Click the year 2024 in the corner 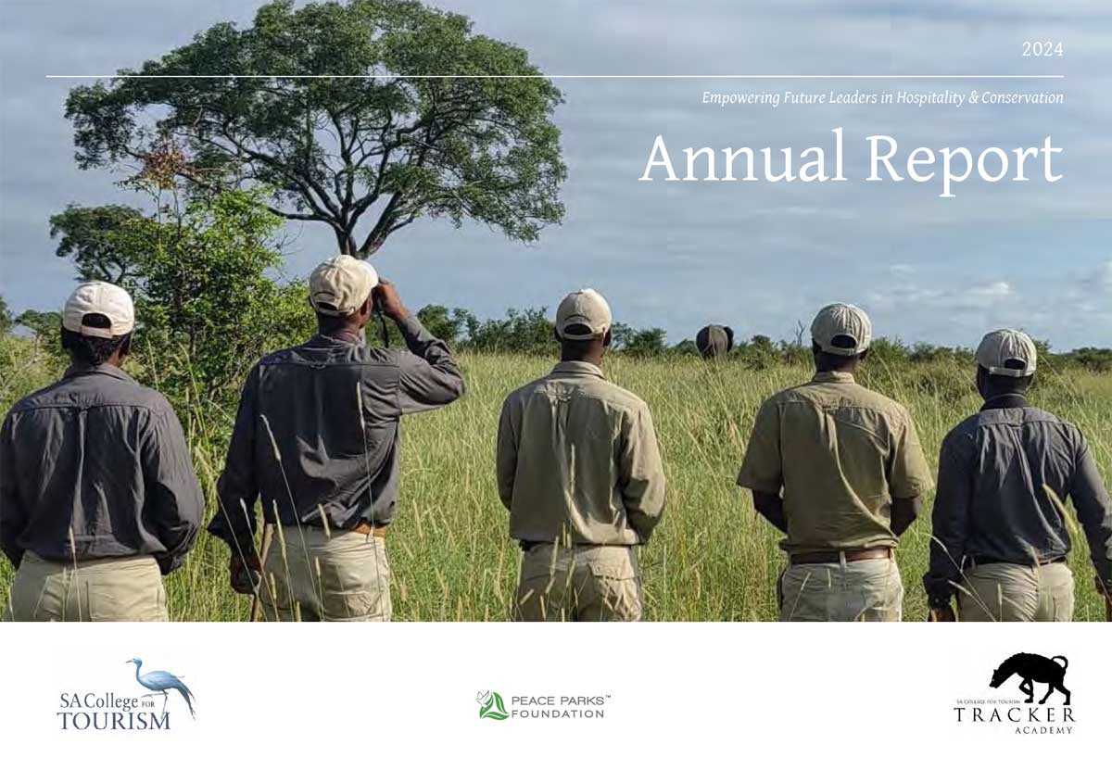[x=1042, y=50]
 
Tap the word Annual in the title [x=742, y=158]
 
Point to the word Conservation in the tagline [x=1022, y=97]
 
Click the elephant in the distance [x=714, y=340]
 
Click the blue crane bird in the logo [x=163, y=684]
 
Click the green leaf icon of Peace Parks [x=492, y=705]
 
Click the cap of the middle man [x=583, y=311]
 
